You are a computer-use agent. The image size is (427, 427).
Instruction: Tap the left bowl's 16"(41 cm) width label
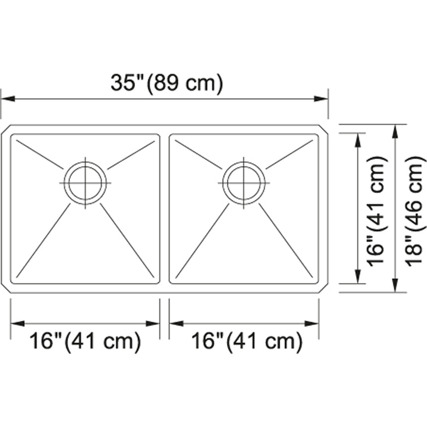click(x=85, y=342)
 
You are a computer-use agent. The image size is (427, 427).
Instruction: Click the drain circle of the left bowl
click(x=85, y=183)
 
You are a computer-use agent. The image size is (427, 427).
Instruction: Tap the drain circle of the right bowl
click(x=244, y=183)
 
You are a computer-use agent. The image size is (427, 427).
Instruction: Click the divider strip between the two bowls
click(x=164, y=209)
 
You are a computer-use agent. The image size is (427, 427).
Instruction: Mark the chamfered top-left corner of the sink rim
click(x=5, y=130)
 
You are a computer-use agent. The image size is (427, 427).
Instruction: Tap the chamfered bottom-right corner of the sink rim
click(x=323, y=288)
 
